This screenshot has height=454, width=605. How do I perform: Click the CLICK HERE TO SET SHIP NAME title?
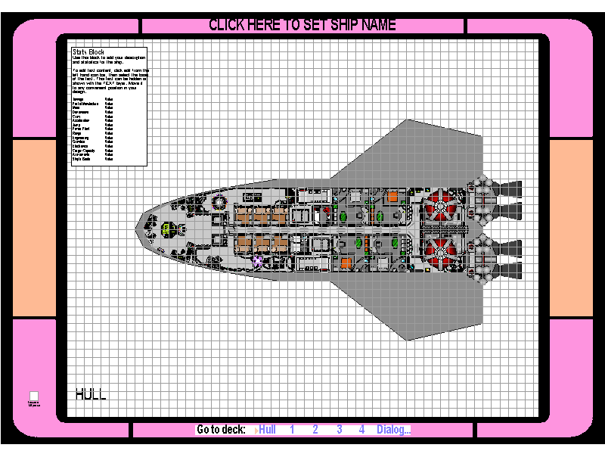point(302,25)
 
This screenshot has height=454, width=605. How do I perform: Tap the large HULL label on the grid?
point(91,393)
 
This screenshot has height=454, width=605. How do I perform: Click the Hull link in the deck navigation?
point(267,430)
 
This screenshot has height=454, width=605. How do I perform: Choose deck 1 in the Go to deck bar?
point(292,430)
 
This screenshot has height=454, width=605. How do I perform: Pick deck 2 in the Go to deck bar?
point(315,430)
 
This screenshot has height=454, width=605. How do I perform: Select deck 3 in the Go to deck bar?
point(340,430)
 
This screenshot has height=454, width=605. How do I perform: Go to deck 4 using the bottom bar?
point(362,430)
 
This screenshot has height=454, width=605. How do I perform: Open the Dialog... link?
point(394,430)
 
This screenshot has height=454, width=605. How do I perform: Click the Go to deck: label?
point(221,430)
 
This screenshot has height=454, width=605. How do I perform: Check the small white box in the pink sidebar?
point(34,395)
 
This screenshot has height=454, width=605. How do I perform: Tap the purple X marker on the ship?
point(257,261)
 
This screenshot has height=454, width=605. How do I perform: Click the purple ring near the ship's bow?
point(220,201)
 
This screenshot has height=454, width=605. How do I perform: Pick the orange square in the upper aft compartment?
point(393,196)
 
